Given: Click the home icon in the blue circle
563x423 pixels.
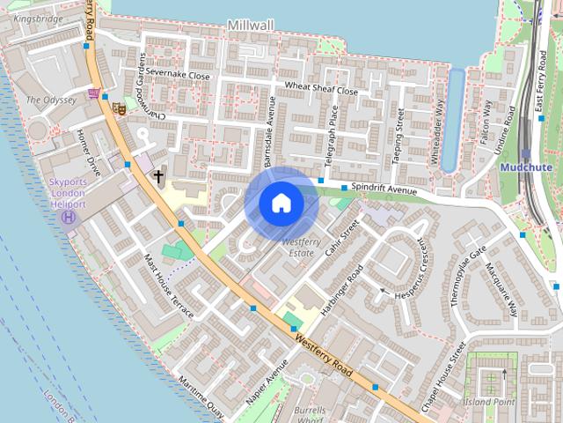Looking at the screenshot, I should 281,203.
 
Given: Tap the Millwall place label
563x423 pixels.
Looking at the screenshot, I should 252,26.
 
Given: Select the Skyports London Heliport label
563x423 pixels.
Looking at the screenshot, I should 67,195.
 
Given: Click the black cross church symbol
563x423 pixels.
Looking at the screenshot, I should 159,176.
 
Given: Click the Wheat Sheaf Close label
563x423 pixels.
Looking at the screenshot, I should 321,90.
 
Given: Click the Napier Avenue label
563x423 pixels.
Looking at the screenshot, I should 267,382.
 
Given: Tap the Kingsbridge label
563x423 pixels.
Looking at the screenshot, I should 40,17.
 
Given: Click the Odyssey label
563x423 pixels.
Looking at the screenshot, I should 51,100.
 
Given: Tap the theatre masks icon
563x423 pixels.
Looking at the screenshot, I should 118,108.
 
